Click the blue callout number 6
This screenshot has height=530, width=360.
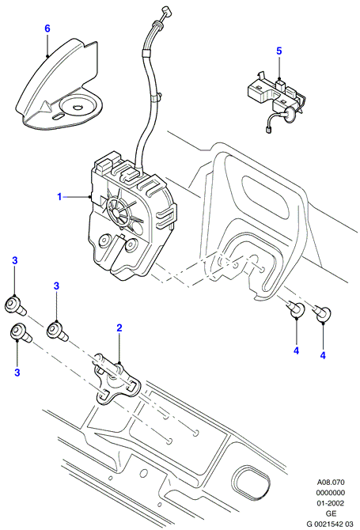(47, 28)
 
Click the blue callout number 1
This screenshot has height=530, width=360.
(59, 196)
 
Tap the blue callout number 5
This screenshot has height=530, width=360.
(279, 51)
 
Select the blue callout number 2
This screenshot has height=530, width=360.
(119, 327)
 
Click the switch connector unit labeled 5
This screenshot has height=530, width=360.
(276, 98)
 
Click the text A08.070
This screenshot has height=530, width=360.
(331, 483)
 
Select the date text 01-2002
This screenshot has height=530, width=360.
(331, 503)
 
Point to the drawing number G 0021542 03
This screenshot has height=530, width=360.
(330, 524)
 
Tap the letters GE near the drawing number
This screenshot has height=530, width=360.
(331, 513)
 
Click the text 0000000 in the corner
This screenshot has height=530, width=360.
(331, 493)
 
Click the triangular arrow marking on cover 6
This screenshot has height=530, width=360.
(45, 107)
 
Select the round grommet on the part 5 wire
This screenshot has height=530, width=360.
(289, 114)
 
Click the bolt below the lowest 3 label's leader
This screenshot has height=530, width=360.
(21, 332)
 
